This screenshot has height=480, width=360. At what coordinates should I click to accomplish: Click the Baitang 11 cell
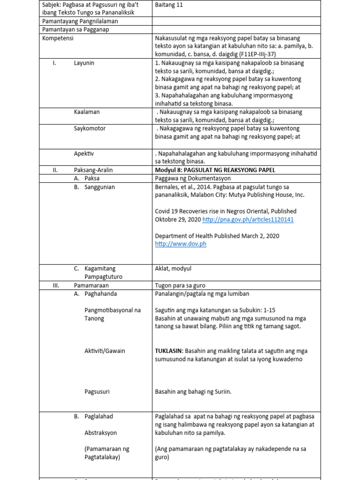(169, 4)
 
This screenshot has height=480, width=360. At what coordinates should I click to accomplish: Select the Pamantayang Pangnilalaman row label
(80, 21)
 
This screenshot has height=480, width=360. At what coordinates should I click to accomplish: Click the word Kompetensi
(58, 38)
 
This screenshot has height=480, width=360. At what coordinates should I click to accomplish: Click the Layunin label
(84, 63)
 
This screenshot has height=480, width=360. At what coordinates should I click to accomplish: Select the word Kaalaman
(87, 112)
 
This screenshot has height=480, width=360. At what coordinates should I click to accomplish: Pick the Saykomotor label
(90, 128)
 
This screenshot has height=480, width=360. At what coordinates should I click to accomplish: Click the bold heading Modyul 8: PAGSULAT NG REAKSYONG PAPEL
(215, 170)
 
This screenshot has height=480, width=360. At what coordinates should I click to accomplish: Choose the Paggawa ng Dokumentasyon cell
(192, 178)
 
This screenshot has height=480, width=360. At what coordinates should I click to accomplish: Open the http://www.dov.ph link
(180, 244)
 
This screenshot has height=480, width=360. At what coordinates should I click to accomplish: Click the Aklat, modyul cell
(173, 269)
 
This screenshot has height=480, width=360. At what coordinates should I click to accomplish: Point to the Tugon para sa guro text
(180, 285)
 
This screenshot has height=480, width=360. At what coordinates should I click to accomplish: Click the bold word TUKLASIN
(169, 351)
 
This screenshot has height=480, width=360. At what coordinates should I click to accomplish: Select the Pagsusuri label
(97, 391)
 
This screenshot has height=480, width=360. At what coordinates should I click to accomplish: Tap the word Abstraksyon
(101, 433)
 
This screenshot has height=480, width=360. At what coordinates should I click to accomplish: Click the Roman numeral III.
(55, 285)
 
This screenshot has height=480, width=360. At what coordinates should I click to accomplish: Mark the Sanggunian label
(99, 187)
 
